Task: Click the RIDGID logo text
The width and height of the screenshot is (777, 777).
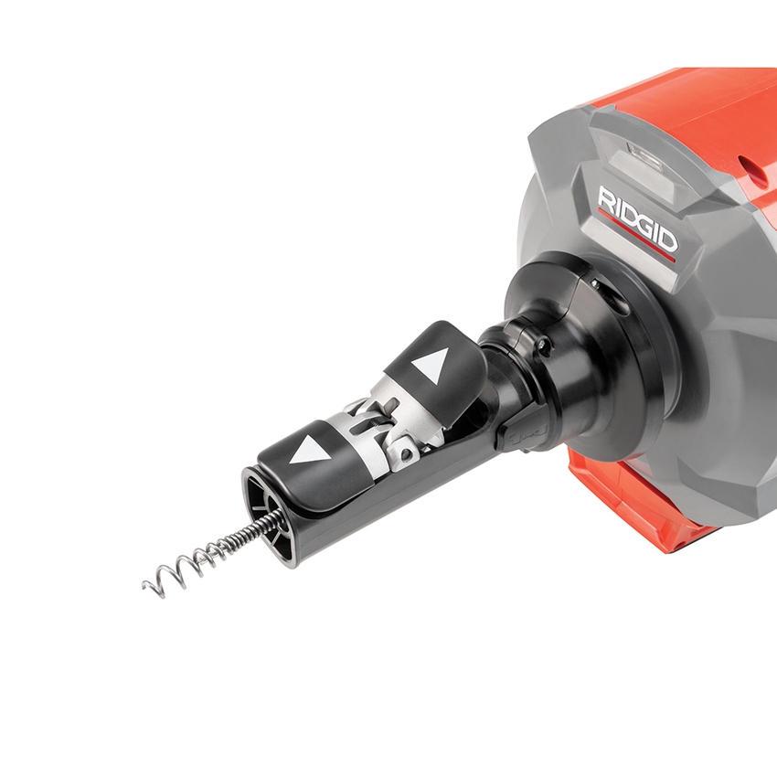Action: tap(637, 219)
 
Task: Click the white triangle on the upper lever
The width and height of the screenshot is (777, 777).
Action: tap(430, 367)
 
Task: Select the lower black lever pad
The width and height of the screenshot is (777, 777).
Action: tap(311, 452)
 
